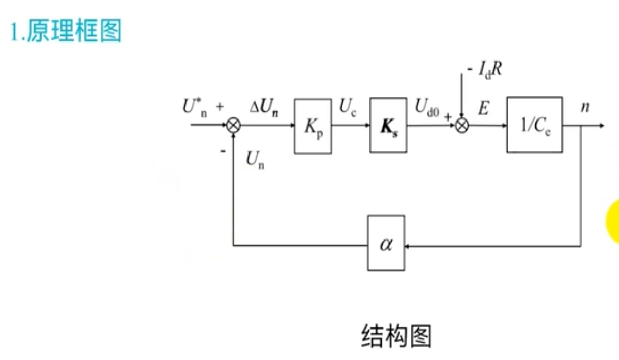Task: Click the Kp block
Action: pyautogui.click(x=313, y=126)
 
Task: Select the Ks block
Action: pyautogui.click(x=388, y=125)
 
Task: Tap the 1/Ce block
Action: pyautogui.click(x=534, y=124)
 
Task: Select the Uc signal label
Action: pyautogui.click(x=347, y=107)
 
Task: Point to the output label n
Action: pyautogui.click(x=585, y=108)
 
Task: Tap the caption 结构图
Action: pyautogui.click(x=396, y=335)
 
